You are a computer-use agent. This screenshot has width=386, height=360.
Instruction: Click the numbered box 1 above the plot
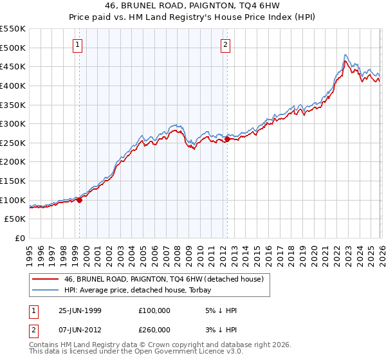tap(78, 44)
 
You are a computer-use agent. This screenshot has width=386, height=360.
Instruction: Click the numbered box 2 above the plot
tap(226, 44)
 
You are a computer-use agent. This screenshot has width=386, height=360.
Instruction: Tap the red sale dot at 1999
tap(80, 200)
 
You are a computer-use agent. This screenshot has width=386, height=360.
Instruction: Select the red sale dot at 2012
tap(227, 139)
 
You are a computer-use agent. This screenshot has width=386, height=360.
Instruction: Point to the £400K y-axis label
tap(13, 85)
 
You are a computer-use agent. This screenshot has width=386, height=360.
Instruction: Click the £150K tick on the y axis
tap(13, 181)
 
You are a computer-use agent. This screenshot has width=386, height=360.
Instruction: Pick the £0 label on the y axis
tap(19, 238)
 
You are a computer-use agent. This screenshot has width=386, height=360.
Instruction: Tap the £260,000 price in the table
tap(154, 330)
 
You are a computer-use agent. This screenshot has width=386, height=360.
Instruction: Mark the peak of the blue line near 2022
tap(345, 55)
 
